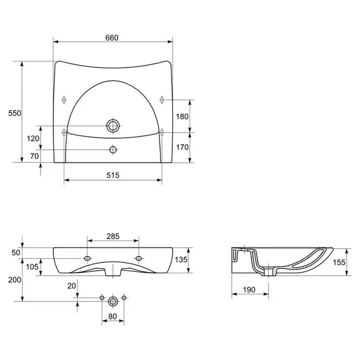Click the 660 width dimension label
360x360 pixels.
[x=112, y=38]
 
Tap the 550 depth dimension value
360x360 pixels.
[x=14, y=113]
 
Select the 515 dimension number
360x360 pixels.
[x=113, y=175]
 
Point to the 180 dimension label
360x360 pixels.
[x=182, y=116]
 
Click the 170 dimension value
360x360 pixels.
[x=182, y=147]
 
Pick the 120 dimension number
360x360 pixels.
[x=33, y=138]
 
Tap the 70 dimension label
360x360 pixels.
[x=34, y=156]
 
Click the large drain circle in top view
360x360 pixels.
[x=113, y=126]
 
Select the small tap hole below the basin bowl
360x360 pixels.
[x=113, y=150]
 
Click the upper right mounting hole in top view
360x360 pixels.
[x=162, y=100]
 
